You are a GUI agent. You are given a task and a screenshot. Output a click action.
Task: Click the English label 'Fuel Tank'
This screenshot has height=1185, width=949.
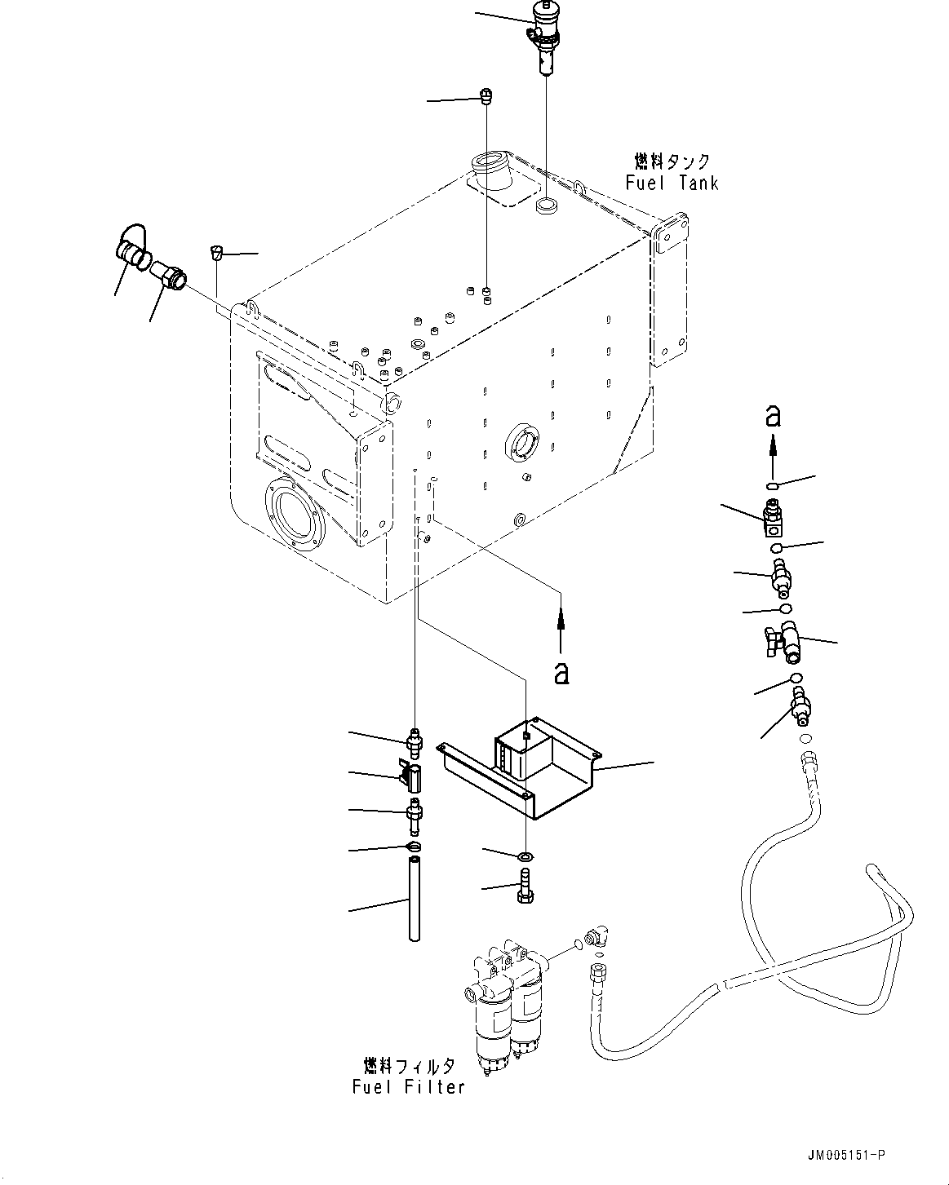point(672,183)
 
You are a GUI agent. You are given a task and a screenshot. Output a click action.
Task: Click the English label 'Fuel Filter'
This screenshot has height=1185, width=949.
point(409,1086)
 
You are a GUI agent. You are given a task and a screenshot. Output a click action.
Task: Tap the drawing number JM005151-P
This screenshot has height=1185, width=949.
point(846,1155)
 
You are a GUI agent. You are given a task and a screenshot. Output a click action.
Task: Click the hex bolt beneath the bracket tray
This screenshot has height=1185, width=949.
point(524,887)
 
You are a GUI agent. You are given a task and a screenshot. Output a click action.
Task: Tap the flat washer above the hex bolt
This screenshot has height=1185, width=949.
point(525,856)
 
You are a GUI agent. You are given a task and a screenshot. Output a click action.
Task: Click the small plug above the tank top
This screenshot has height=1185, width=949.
point(486,97)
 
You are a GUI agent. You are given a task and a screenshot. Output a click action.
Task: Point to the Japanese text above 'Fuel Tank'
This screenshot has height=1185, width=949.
point(672,161)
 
